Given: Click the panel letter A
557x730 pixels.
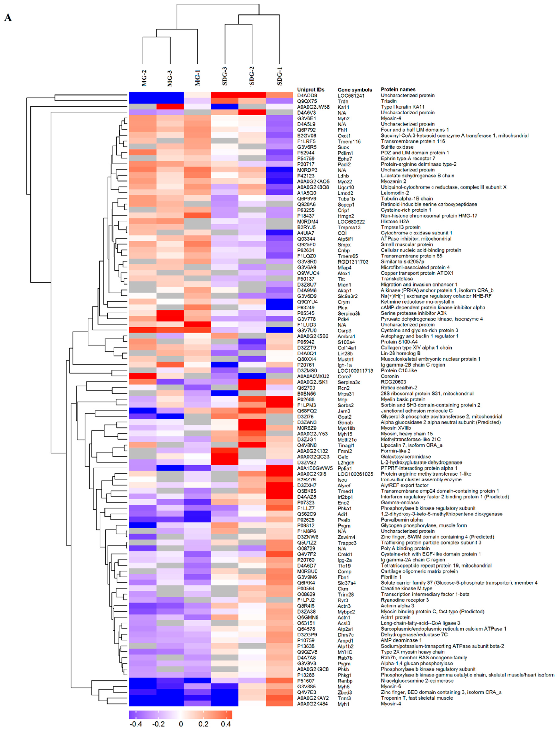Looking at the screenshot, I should pyautogui.click(x=8, y=18).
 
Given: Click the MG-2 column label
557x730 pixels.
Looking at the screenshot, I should pyautogui.click(x=143, y=78).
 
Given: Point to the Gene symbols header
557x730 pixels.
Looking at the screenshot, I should pyautogui.click(x=354, y=90).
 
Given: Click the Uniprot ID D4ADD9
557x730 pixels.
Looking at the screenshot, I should pyautogui.click(x=307, y=96).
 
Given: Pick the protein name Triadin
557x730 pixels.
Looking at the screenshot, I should pyautogui.click(x=389, y=101).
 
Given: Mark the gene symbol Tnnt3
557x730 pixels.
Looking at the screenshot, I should pyautogui.click(x=344, y=698).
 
